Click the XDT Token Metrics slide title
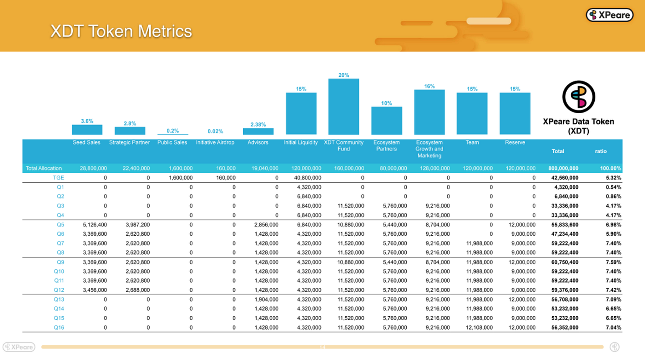pyautogui.click(x=121, y=31)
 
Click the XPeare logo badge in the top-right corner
pyautogui.click(x=610, y=15)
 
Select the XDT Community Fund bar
pyautogui.click(x=344, y=106)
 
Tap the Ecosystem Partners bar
pyautogui.click(x=387, y=121)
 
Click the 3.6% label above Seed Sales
pyautogui.click(x=87, y=121)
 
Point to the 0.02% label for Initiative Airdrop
pyautogui.click(x=216, y=131)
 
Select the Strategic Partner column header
pyautogui.click(x=129, y=142)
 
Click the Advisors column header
pyautogui.click(x=258, y=142)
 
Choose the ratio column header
pyautogui.click(x=601, y=151)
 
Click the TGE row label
pyautogui.click(x=58, y=178)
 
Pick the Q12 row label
pyautogui.click(x=59, y=290)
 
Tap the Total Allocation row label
pyautogui.click(x=43, y=168)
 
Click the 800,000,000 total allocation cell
pyautogui.click(x=563, y=168)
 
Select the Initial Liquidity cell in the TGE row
pyautogui.click(x=308, y=178)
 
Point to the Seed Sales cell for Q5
pyautogui.click(x=95, y=225)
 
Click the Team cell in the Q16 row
pyautogui.click(x=479, y=327)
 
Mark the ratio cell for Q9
pyautogui.click(x=613, y=262)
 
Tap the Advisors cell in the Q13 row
pyautogui.click(x=266, y=299)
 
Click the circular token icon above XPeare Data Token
pyautogui.click(x=579, y=97)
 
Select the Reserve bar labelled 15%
pyautogui.click(x=515, y=113)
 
